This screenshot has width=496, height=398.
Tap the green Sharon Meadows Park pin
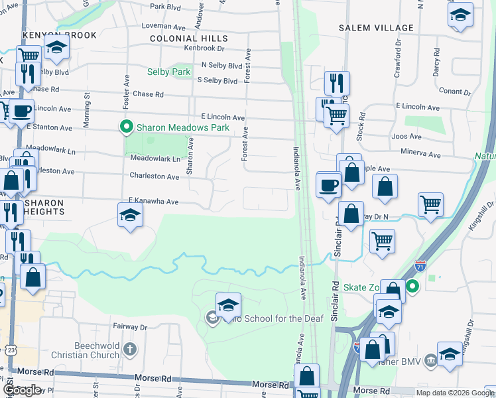[x=125, y=126]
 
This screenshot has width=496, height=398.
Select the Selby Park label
[x=168, y=71]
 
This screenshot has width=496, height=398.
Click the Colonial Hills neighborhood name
[x=189, y=39]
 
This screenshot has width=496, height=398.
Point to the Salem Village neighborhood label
[x=375, y=29]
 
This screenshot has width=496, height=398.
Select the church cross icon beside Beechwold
[x=131, y=349]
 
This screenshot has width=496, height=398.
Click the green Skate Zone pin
[x=412, y=287]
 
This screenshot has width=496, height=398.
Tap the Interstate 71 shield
[x=420, y=266]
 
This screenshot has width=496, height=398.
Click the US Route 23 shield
[x=12, y=350]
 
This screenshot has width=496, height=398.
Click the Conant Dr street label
[x=454, y=92]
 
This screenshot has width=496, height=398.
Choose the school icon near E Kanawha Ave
[x=130, y=214]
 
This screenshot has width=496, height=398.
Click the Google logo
[x=22, y=391]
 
